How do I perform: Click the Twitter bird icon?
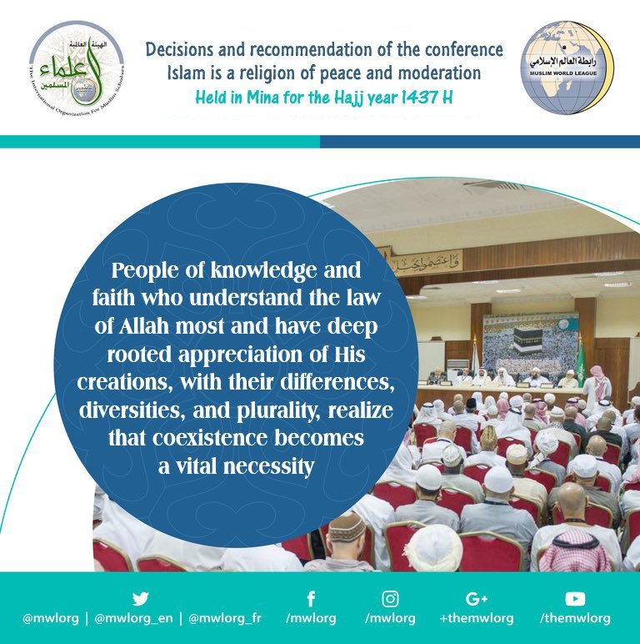[141, 598]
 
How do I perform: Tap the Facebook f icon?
[310, 598]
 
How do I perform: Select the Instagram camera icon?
[390, 598]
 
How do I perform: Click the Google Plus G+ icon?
[477, 598]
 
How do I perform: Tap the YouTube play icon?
[574, 598]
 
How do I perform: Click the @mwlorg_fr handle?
[224, 619]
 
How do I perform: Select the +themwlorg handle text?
[477, 619]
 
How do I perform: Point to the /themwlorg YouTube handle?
[574, 619]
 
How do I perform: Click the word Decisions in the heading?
[182, 50]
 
